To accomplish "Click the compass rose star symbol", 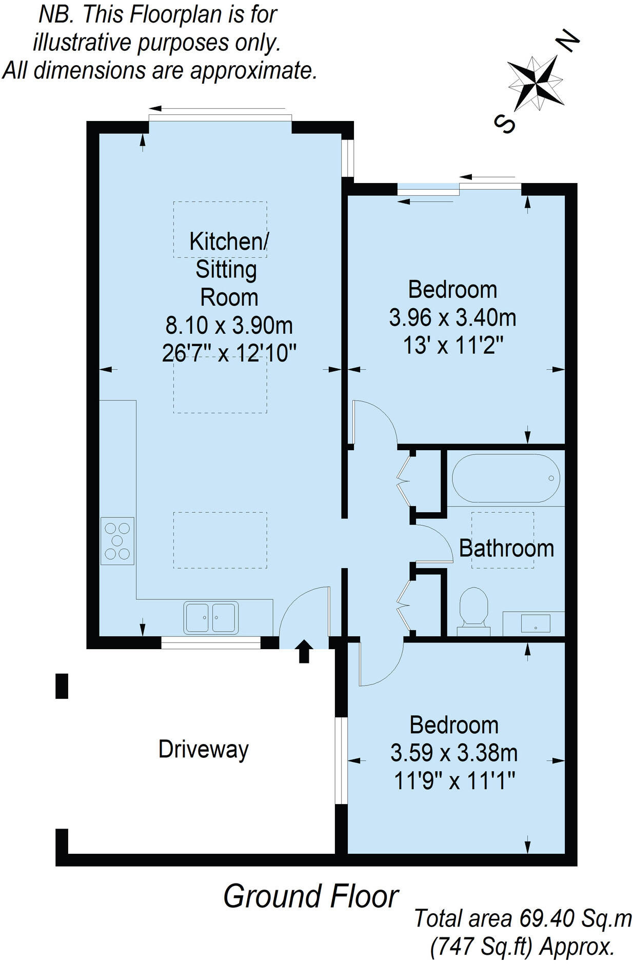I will [535, 82].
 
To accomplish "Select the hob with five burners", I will [117, 540].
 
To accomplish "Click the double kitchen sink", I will [211, 617].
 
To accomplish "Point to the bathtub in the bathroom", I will [505, 478].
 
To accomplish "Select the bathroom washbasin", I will [535, 624].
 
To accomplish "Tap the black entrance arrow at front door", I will [304, 651].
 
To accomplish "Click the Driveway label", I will [203, 749].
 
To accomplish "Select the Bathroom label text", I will [506, 548].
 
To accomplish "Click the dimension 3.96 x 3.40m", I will [452, 317].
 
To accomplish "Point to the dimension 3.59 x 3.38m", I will [453, 753].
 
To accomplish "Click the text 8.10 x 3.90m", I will [229, 325].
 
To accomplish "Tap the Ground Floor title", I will [310, 896].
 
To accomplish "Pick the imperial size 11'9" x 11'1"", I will [454, 781].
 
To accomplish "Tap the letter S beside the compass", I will [504, 123].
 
